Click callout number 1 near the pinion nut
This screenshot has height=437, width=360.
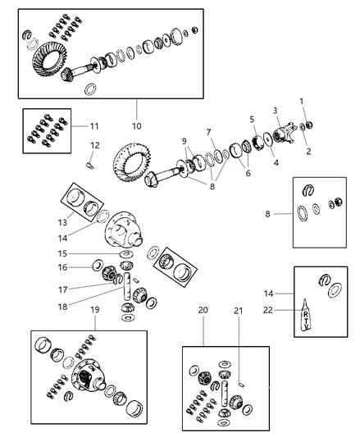pos(302,101)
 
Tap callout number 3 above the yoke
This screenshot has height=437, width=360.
pos(276,111)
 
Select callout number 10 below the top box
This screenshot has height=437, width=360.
pos(137,126)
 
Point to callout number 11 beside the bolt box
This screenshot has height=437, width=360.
pos(94,126)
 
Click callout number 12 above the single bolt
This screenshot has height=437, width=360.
pos(95,145)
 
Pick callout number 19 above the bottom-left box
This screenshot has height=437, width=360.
pos(95,310)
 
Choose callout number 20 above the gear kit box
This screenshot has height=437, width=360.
pos(203,310)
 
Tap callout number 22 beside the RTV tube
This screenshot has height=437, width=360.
pos(268,310)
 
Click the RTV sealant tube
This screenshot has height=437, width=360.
pos(306,315)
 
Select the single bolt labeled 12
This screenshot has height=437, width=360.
pos(90,166)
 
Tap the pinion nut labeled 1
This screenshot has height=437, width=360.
pos(308,125)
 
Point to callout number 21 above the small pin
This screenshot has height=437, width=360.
pos(238,311)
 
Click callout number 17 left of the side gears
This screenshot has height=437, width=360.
pos(63,290)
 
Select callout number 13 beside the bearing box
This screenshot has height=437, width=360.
pos(63,222)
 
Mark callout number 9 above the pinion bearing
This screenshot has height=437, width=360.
pos(184,141)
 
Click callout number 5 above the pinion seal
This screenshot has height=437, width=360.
pos(252,119)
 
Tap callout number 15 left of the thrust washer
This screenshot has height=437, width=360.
pos(63,253)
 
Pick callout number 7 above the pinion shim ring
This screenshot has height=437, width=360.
pos(208,132)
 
